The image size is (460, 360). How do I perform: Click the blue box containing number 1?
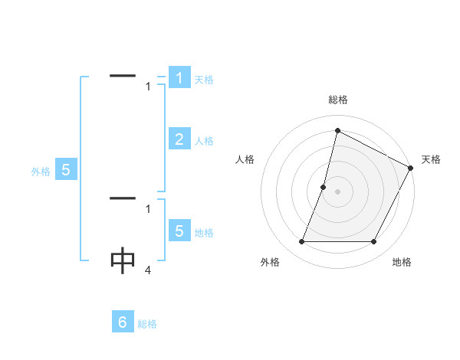coord(179,78)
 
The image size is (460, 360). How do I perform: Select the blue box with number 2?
coord(179,139)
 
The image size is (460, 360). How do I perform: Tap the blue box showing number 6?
coord(123,322)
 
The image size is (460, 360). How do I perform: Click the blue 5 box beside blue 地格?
coord(179,231)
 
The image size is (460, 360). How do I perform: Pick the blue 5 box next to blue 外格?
coord(65,170)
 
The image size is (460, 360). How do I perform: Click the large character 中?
coord(123,261)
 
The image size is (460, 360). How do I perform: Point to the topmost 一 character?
coord(123,76)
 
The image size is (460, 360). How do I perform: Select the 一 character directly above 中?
coord(123,198)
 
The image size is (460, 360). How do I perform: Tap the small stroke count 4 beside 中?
coord(147,270)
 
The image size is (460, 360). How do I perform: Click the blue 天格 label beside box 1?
coord(204,80)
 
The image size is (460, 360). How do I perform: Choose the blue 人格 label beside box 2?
coord(204,141)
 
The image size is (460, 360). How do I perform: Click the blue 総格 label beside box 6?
coord(147,324)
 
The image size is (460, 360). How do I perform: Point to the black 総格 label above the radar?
coord(337,100)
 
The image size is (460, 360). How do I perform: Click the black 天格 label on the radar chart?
coord(431,159)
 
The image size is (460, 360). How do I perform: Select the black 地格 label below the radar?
coord(402,262)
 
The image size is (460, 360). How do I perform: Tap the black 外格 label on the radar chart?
coord(270,262)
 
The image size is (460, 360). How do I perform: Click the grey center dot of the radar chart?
coord(337,191)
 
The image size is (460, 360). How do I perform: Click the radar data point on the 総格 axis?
coord(337,131)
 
